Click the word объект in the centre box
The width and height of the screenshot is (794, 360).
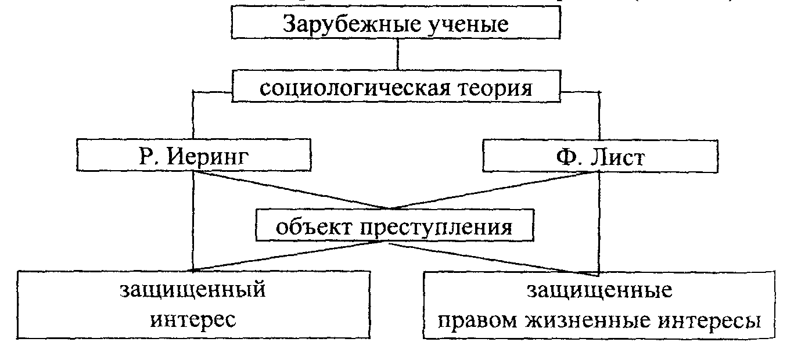tap(310, 227)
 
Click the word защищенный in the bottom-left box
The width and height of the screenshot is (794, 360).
tap(193, 289)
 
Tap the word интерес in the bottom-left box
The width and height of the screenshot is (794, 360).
tap(193, 319)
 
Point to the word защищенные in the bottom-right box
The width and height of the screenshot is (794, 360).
tap(599, 289)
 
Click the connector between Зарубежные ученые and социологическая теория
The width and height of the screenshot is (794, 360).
tap(397, 53)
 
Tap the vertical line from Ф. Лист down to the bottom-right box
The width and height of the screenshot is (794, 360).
tap(598, 232)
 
